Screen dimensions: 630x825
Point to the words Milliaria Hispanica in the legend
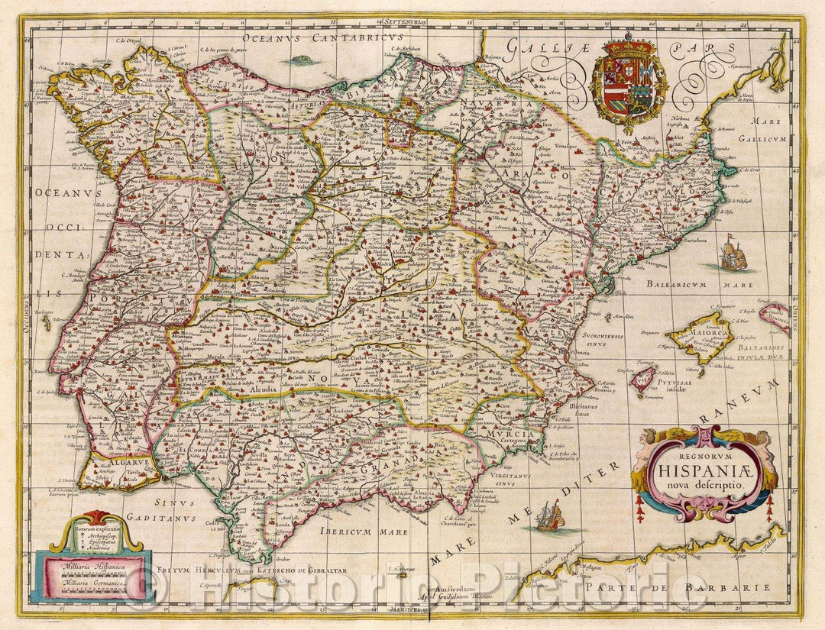click(89, 567)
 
